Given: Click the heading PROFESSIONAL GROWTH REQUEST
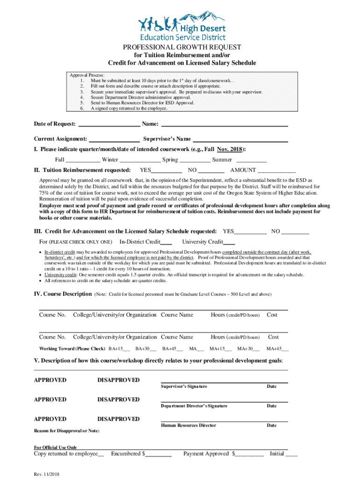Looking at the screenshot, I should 182,47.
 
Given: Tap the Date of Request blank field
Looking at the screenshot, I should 108,124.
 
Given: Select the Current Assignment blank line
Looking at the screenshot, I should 114,139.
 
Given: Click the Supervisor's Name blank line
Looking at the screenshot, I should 240,139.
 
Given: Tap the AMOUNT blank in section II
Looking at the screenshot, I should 276,170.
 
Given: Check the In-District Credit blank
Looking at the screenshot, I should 166,242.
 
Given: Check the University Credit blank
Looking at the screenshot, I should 229,242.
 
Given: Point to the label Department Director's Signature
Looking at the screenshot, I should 194,406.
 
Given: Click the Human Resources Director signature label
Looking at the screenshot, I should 188,425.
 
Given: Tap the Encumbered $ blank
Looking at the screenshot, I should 159,454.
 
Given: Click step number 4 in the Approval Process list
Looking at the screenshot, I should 82,97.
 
